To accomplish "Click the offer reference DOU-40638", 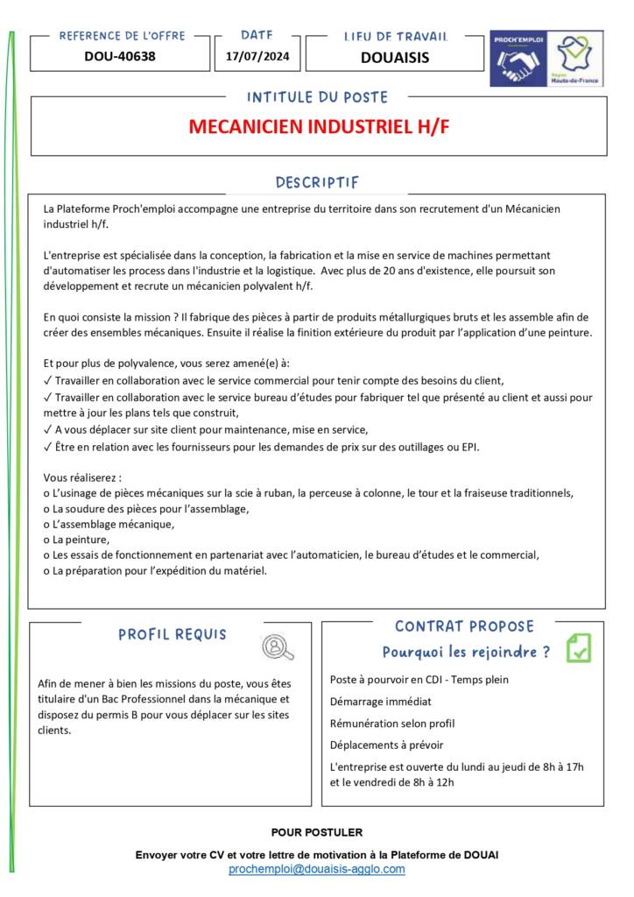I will pyautogui.click(x=120, y=57).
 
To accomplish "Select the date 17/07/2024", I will pyautogui.click(x=257, y=57).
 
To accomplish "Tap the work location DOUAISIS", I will pyautogui.click(x=395, y=58).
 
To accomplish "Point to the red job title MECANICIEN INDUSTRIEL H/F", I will pyautogui.click(x=319, y=126).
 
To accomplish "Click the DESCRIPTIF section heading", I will pyautogui.click(x=317, y=182).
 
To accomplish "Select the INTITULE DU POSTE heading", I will pyautogui.click(x=317, y=97).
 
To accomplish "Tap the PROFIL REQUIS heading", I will pyautogui.click(x=173, y=634).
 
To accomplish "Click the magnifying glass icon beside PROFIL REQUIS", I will pyautogui.click(x=278, y=646).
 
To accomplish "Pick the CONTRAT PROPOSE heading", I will pyautogui.click(x=464, y=626).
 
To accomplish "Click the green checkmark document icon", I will pyautogui.click(x=579, y=647).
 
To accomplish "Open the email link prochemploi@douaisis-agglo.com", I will pyautogui.click(x=317, y=869).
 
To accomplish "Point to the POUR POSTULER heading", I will pyautogui.click(x=317, y=832).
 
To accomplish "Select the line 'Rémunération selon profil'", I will pyautogui.click(x=392, y=724).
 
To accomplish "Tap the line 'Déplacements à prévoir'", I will pyautogui.click(x=387, y=745).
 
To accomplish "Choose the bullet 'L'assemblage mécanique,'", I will pyautogui.click(x=109, y=524).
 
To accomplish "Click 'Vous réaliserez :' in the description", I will pyautogui.click(x=83, y=477).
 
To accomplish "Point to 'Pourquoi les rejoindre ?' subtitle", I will pyautogui.click(x=466, y=652).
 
